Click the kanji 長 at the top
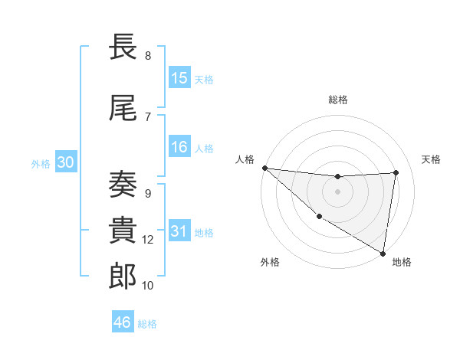point(123,47)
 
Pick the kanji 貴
point(123,231)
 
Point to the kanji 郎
point(123,277)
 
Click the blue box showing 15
point(179,78)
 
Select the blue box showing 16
point(179,147)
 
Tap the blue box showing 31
point(179,232)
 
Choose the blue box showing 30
point(65,163)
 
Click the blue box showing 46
point(123,322)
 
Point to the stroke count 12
point(148,240)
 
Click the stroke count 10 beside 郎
point(148,286)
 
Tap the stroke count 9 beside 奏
point(148,193)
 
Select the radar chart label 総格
point(338,100)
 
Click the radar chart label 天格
point(432,159)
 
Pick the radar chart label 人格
point(245,159)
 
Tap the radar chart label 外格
point(269,262)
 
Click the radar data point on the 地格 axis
point(383,253)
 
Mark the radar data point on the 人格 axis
point(264,168)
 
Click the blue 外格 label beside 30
point(41,164)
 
